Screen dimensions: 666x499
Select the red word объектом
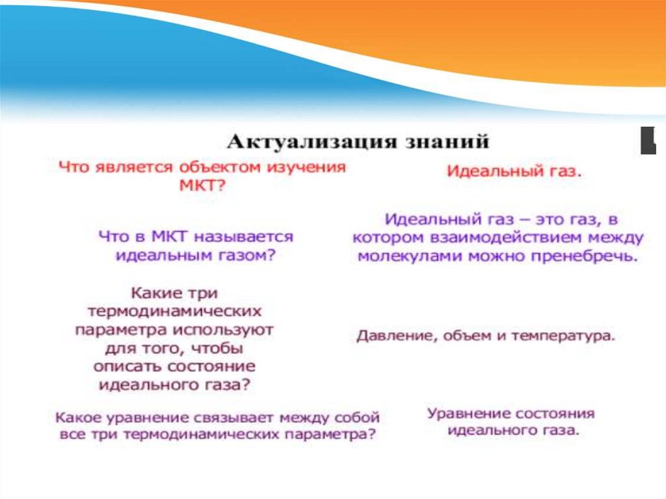[220, 167]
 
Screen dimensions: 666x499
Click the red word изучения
[306, 167]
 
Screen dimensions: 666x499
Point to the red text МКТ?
[202, 186]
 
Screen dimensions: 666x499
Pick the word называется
[244, 237]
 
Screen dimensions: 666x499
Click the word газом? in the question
[247, 256]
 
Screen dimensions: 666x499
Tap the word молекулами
[410, 256]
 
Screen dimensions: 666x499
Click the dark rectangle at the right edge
[648, 141]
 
